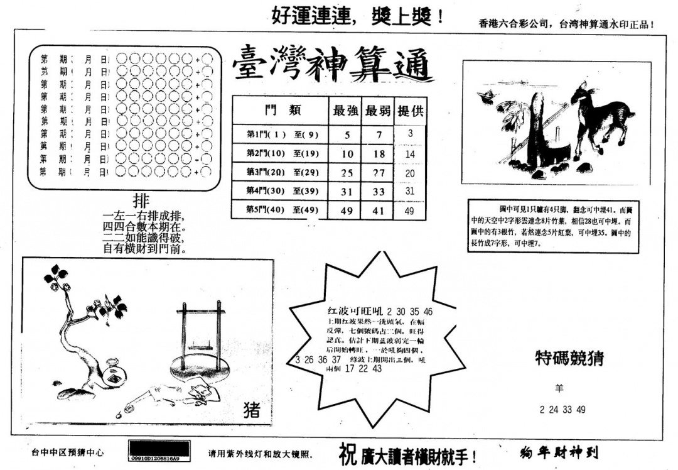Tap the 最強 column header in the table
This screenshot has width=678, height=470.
(x=345, y=111)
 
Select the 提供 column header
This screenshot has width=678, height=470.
(x=410, y=111)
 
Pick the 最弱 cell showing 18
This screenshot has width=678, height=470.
(x=378, y=154)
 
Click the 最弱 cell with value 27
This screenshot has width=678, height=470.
(x=378, y=173)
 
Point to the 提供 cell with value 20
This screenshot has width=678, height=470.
(x=410, y=173)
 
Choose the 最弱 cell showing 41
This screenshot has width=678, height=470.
(x=378, y=211)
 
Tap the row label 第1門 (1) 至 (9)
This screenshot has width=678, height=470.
(x=279, y=134)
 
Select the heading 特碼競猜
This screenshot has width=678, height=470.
(x=569, y=358)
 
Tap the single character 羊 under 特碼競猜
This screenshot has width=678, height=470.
(x=561, y=388)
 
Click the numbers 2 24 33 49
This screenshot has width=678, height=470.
(x=562, y=410)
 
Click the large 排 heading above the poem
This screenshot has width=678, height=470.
(x=142, y=201)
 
